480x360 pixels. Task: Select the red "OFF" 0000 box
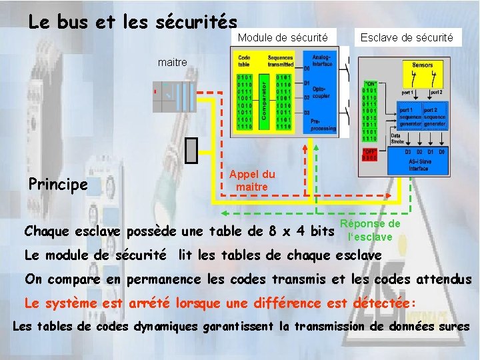(369, 155)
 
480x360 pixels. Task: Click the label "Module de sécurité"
(283, 38)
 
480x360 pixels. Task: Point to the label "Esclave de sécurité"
(407, 38)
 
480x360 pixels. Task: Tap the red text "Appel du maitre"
(251, 180)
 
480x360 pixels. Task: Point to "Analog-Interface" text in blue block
(322, 61)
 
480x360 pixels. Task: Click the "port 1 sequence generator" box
(407, 117)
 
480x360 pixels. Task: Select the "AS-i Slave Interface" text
(419, 165)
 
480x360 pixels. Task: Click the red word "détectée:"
(383, 303)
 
